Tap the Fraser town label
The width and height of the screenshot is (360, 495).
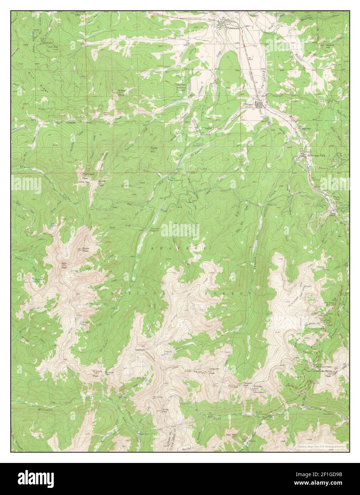[x=249, y=105]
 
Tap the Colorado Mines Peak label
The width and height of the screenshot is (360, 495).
[x=328, y=373]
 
